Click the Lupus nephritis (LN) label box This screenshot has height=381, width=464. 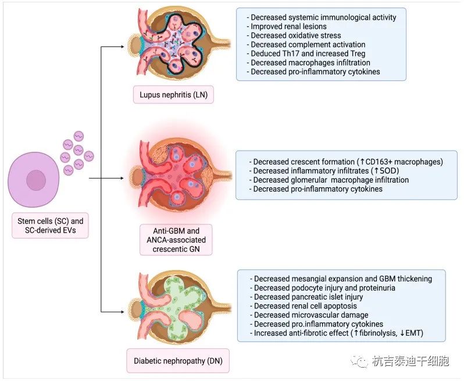[167, 95]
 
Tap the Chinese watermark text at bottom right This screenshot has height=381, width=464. [411, 361]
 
